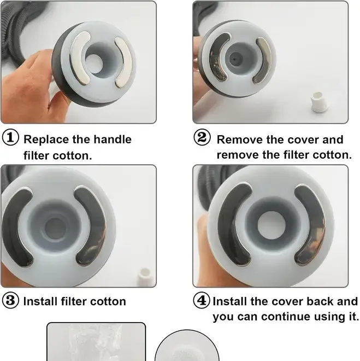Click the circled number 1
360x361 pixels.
(x=10, y=137)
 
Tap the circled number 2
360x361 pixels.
(x=202, y=137)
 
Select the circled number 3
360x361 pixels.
(x=10, y=300)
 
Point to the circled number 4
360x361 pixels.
(x=202, y=300)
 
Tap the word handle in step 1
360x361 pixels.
(x=113, y=139)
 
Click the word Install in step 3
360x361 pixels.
(x=40, y=301)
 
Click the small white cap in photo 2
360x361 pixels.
(x=319, y=102)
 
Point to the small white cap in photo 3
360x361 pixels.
(x=144, y=277)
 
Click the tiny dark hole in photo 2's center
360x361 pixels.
(x=234, y=60)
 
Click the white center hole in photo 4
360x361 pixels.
(x=272, y=224)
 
